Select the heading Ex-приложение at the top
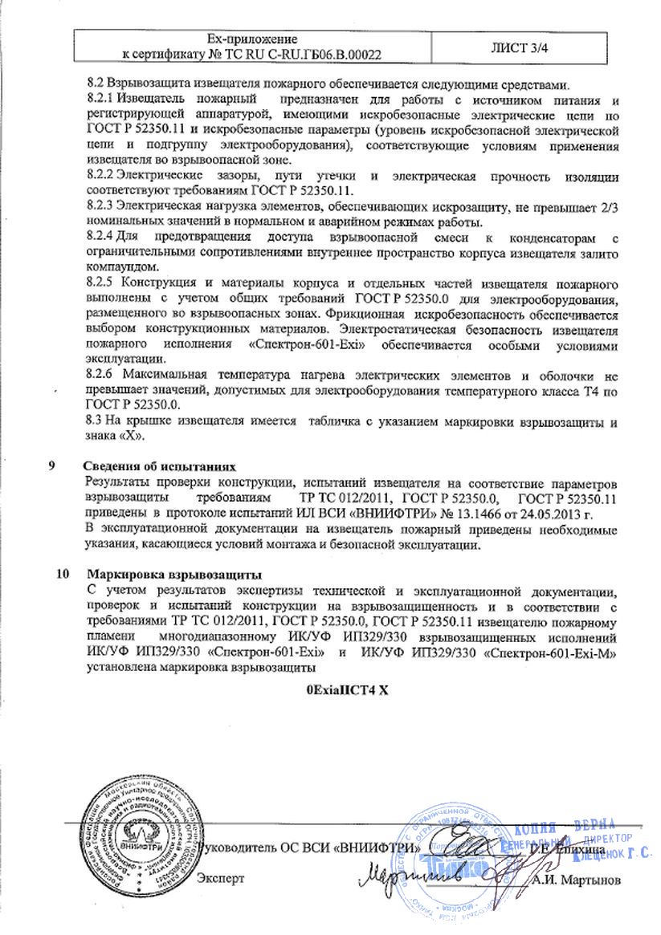(x=252, y=39)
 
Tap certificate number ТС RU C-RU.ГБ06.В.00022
(x=301, y=55)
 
